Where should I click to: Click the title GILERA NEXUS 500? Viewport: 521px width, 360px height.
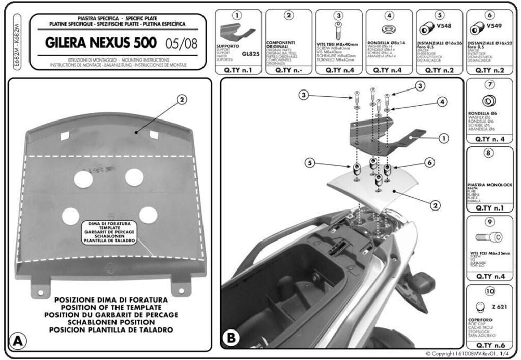coord(101,43)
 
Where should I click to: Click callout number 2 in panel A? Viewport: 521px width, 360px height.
coord(181,100)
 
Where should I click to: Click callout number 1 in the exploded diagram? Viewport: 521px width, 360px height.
coord(443,137)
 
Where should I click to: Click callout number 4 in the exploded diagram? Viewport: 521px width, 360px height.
coord(443,102)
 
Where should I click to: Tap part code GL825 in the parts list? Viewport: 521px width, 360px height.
coord(250,53)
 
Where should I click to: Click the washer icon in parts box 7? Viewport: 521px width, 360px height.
coord(489,100)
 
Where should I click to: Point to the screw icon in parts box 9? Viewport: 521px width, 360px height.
coord(488,236)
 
